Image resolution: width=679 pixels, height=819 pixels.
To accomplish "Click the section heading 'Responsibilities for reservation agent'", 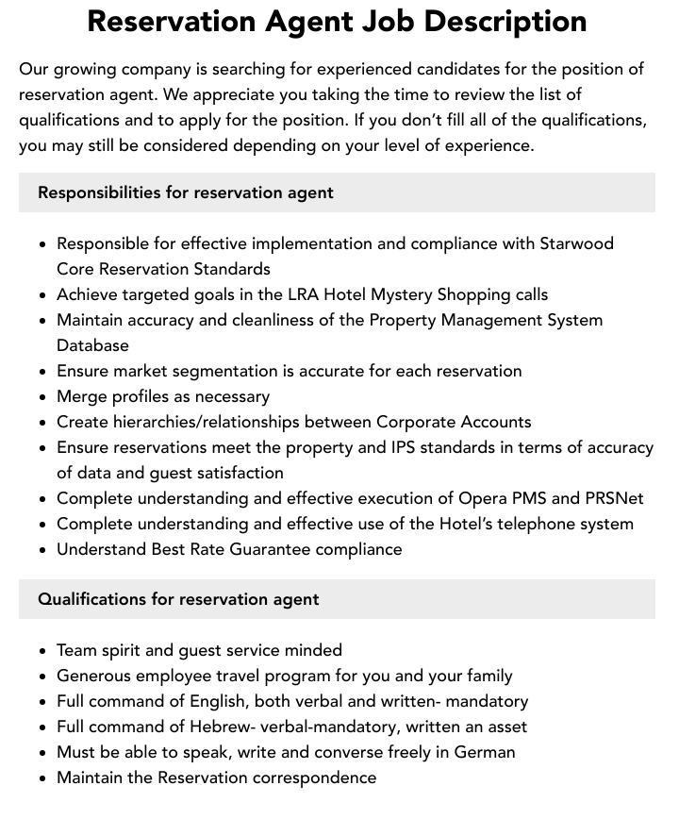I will pyautogui.click(x=186, y=192).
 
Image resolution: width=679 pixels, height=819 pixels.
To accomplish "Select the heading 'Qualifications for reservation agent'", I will pyautogui.click(x=178, y=599).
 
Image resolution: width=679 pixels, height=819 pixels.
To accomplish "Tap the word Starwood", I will pyautogui.click(x=576, y=243).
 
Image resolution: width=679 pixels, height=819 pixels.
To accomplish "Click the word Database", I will pyautogui.click(x=92, y=345).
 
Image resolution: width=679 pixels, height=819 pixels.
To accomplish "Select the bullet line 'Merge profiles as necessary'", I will pyautogui.click(x=163, y=396).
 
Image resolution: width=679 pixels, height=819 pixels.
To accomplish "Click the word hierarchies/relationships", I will pyautogui.click(x=211, y=422).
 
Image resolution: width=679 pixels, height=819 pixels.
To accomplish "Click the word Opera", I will pyautogui.click(x=485, y=498).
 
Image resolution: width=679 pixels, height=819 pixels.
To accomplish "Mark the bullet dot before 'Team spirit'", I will pyautogui.click(x=43, y=651).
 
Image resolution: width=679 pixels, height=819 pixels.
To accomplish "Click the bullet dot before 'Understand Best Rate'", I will pyautogui.click(x=43, y=550).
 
